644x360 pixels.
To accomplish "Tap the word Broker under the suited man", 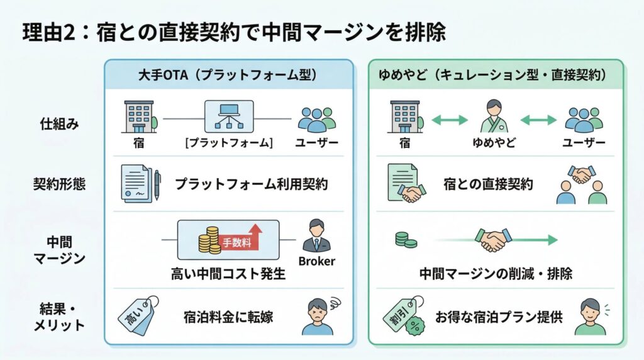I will pyautogui.click(x=317, y=261).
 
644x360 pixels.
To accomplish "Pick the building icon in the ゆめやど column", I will pyautogui.click(x=403, y=117).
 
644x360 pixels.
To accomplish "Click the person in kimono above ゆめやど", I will pyautogui.click(x=493, y=116).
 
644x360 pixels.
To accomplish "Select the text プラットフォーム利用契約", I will pyautogui.click(x=251, y=184).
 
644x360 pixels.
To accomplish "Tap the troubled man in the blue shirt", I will pyautogui.click(x=318, y=316).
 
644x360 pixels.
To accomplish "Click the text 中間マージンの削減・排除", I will pyautogui.click(x=496, y=274).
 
